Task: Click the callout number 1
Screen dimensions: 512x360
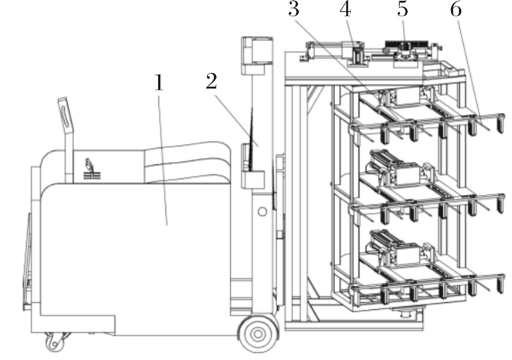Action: (x=159, y=82)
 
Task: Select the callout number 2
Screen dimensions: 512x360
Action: (x=212, y=81)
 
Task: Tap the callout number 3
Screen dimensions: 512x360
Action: (x=294, y=9)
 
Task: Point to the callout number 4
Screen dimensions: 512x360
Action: (x=345, y=9)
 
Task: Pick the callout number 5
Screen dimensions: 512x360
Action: (x=403, y=9)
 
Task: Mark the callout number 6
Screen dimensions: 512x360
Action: (x=456, y=9)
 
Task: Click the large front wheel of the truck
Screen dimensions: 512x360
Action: (x=258, y=334)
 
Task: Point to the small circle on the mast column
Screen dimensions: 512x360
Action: (x=262, y=211)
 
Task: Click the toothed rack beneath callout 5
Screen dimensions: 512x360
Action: (x=406, y=44)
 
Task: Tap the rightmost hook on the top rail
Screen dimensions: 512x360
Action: (x=500, y=123)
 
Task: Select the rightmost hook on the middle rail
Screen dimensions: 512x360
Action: (x=500, y=204)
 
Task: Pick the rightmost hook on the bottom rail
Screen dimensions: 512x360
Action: (x=500, y=284)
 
